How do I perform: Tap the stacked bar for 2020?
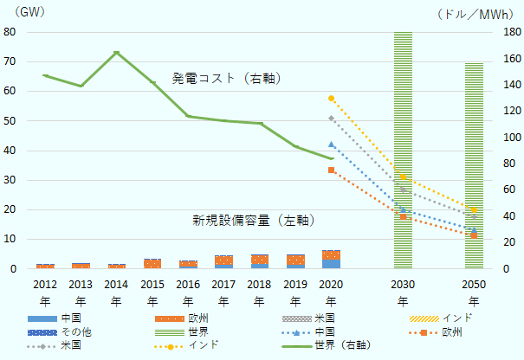pos(331,260)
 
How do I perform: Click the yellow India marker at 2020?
pos(331,98)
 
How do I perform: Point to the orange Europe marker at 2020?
pos(331,170)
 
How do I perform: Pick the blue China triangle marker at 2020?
pos(331,145)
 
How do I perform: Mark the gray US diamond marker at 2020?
pos(331,118)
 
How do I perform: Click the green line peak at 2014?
pos(116,53)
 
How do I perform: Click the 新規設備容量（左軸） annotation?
pos(253,221)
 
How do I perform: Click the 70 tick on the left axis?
pos(10,62)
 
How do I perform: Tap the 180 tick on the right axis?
pos(510,33)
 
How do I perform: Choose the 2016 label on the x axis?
pos(188,284)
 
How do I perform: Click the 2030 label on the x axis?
pos(403,284)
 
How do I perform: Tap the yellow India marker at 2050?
pos(474,210)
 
